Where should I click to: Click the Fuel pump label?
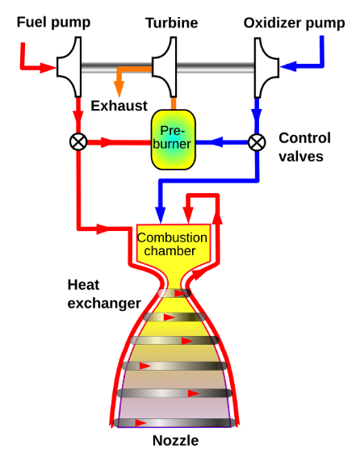(x=53, y=23)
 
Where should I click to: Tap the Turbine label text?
(x=172, y=23)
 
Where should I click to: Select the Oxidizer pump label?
(x=294, y=23)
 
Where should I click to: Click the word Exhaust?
(x=119, y=106)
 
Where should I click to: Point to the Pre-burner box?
(x=173, y=140)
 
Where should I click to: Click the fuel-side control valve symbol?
(x=78, y=142)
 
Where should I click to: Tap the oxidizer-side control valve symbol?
(x=257, y=142)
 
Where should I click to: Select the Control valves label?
(x=304, y=147)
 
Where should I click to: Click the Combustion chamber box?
(x=174, y=245)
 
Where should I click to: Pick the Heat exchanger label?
(x=104, y=294)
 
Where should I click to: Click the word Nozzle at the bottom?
(x=175, y=441)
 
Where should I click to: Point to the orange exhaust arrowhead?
(x=119, y=89)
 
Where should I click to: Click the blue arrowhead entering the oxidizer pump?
(x=288, y=66)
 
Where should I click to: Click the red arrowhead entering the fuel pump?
(x=48, y=68)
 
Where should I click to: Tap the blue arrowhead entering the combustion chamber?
(x=161, y=215)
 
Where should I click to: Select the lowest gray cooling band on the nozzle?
(x=174, y=423)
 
